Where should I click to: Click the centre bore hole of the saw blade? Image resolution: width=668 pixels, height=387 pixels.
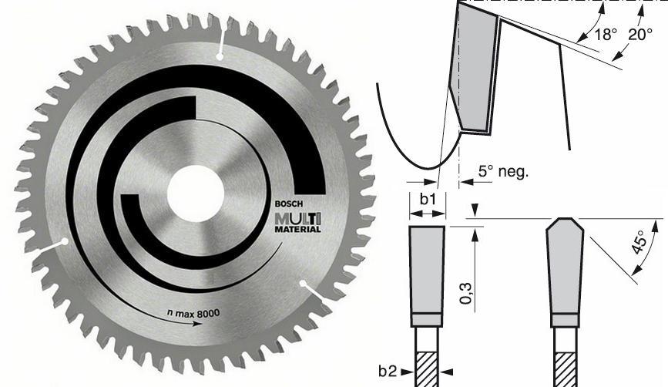(x=196, y=193)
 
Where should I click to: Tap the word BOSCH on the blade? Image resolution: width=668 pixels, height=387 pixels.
(x=288, y=204)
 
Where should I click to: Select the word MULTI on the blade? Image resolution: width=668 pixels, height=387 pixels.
(x=298, y=219)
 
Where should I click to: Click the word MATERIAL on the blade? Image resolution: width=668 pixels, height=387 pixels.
(x=298, y=229)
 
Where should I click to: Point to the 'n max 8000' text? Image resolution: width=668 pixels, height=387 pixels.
(x=193, y=314)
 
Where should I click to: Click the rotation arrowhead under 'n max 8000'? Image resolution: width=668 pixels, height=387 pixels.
(x=197, y=324)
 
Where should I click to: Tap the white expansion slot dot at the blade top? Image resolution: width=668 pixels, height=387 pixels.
(x=220, y=56)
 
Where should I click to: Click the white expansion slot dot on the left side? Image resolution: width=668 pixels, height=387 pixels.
(x=65, y=241)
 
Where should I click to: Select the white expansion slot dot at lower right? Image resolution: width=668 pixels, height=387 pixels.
(x=303, y=284)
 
